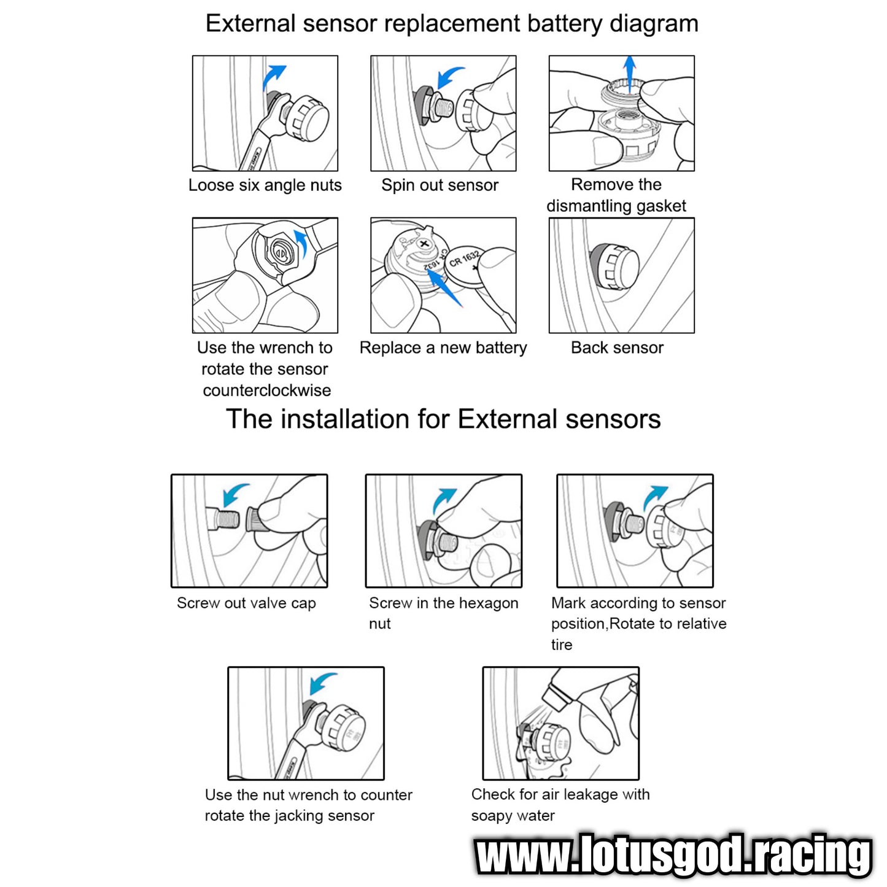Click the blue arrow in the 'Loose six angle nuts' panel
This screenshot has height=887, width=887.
(x=273, y=76)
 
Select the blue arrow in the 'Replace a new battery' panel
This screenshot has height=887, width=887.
(x=444, y=288)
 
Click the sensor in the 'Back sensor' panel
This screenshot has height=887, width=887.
(x=614, y=267)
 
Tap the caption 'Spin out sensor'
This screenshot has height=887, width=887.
(x=440, y=185)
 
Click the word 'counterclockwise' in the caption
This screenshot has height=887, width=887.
(x=266, y=390)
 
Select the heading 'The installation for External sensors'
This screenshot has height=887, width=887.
(x=443, y=419)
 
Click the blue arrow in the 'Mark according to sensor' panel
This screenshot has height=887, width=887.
(x=654, y=497)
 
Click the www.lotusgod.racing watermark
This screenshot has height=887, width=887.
(x=673, y=855)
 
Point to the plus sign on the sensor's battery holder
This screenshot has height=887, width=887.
(x=424, y=244)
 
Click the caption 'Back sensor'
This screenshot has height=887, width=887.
(x=617, y=347)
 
